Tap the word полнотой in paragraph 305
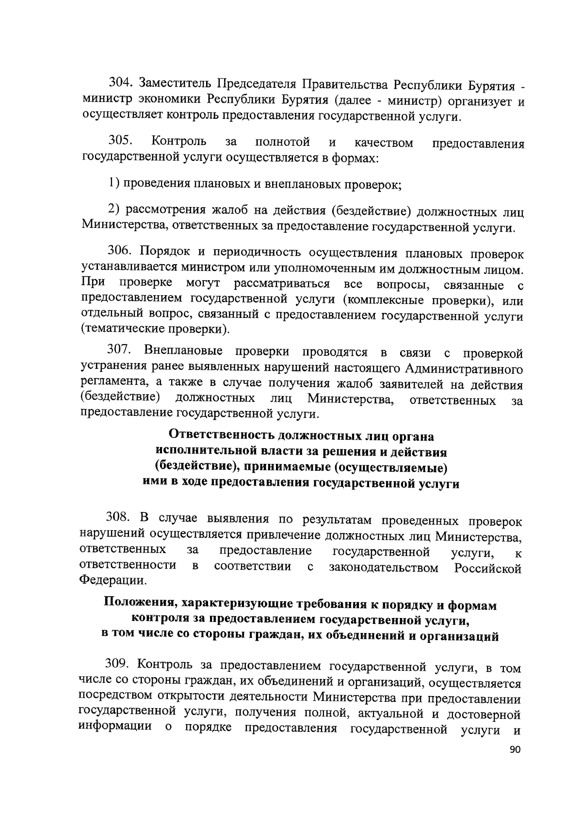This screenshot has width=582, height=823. [283, 142]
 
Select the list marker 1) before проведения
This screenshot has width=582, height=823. [113, 184]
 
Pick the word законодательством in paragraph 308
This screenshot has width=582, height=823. [383, 568]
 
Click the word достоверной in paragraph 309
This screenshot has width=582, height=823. [484, 714]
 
